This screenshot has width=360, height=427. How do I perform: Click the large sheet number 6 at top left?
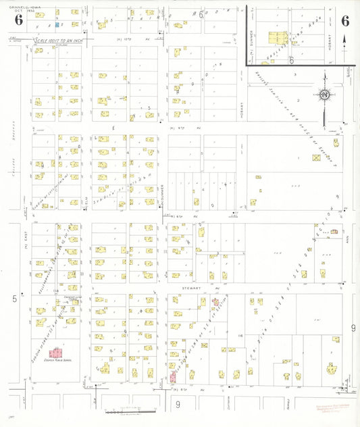pyautogui.click(x=18, y=20)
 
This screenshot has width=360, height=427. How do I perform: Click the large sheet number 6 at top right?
pyautogui.click(x=345, y=20)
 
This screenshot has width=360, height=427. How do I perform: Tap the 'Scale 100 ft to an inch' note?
pyautogui.click(x=60, y=41)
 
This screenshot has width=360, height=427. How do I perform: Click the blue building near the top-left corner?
pyautogui.click(x=57, y=25)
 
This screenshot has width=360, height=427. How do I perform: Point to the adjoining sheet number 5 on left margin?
pyautogui.click(x=14, y=298)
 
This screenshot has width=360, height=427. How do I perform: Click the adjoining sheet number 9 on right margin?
pyautogui.click(x=352, y=328)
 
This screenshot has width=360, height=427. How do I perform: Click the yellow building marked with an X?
pyautogui.click(x=316, y=157)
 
